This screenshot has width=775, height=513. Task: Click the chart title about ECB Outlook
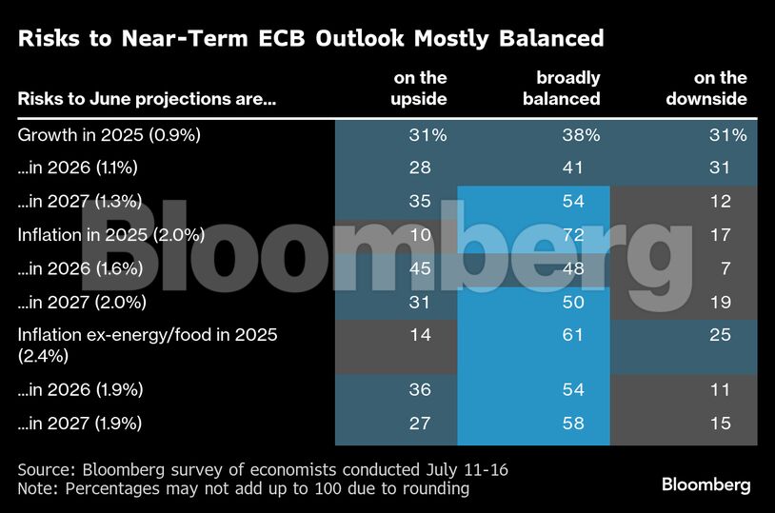pos(310,38)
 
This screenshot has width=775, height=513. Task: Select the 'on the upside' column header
pos(420,88)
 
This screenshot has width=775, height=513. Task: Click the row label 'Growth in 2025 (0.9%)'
pos(109,135)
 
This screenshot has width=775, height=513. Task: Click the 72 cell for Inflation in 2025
pos(572,234)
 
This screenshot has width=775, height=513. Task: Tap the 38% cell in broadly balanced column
pos(579,135)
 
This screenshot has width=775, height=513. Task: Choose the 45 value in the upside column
pos(420,268)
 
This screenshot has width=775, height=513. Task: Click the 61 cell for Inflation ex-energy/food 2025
pos(572,335)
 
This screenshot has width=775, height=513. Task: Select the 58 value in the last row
pos(572,423)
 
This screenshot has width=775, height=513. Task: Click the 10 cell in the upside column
pos(420,234)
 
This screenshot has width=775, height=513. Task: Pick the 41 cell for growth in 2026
pos(572,168)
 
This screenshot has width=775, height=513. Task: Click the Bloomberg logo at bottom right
pos(705,485)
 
